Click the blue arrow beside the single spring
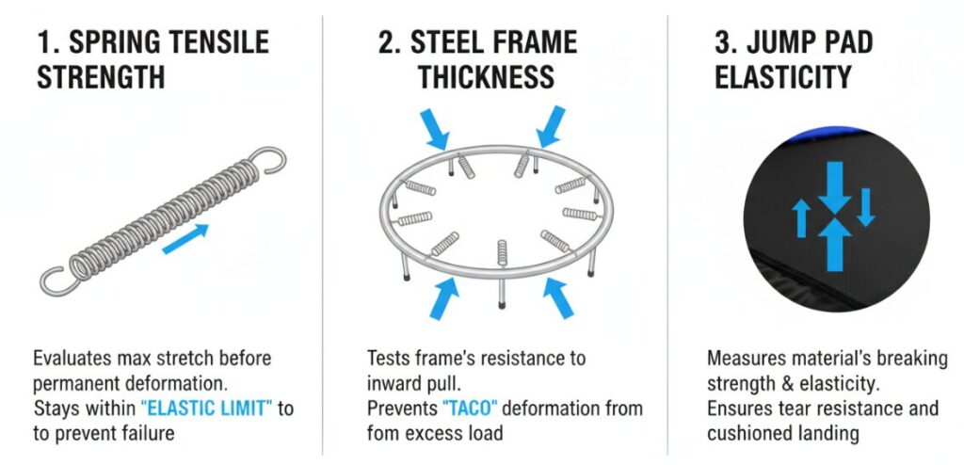185,239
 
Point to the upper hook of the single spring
269,159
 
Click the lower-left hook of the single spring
57,281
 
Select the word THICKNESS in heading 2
487,77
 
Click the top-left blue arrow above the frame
436,129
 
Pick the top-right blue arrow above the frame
550,126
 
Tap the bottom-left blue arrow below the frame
444,298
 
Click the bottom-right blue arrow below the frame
559,298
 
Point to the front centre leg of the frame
502,294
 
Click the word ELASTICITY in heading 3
782,77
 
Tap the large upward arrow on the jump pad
834,245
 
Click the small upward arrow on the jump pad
801,218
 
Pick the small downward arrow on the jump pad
866,207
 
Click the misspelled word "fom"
383,433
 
